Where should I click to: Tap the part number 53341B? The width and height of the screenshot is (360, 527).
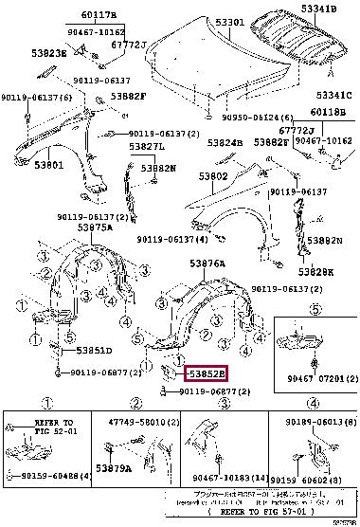coord(319,9)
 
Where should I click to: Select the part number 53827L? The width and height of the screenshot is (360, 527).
coord(146,148)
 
